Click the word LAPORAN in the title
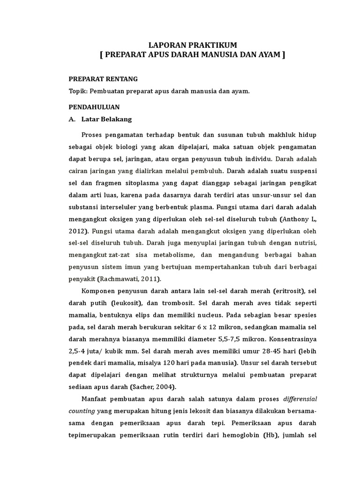click(164, 45)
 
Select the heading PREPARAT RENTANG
click(103, 79)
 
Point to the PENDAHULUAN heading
click(94, 107)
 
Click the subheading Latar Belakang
click(106, 120)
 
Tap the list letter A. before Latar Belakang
click(72, 120)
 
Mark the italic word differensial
click(300, 399)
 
